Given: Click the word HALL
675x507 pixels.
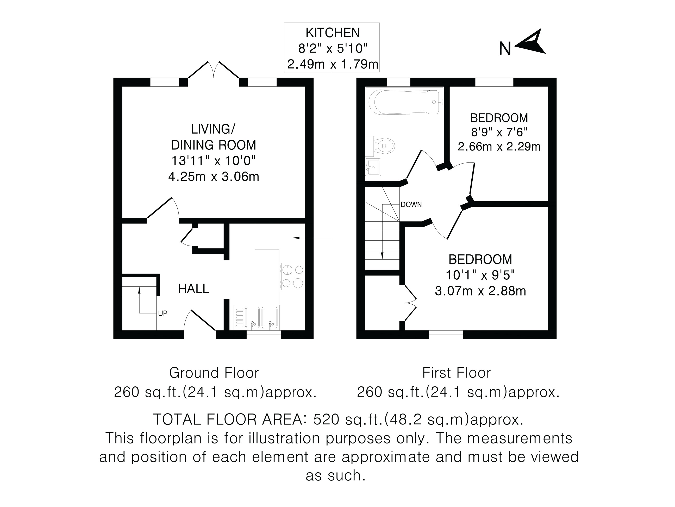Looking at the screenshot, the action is tap(193, 289).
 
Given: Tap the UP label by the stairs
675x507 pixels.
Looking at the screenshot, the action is tap(163, 313).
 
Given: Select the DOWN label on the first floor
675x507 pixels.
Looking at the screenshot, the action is tap(411, 204).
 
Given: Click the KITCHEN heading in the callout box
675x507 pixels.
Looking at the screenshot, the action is tap(333, 33).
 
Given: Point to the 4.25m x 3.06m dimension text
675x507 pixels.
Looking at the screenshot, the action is tap(214, 177).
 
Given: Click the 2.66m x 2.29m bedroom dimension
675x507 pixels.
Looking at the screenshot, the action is tap(499, 147).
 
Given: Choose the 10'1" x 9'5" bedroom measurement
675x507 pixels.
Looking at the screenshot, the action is tap(480, 275).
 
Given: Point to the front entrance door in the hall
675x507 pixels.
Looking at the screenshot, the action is tap(200, 320).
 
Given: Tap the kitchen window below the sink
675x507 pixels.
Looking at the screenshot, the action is tap(264, 335).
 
